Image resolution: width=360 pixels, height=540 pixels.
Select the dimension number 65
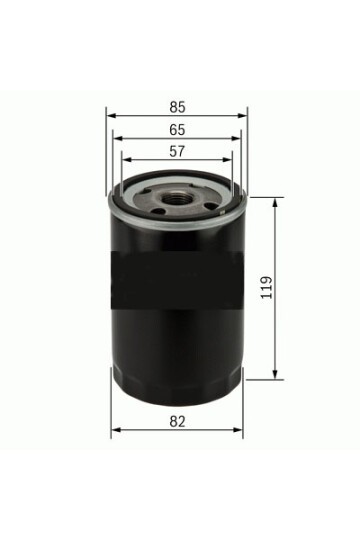click(x=176, y=129)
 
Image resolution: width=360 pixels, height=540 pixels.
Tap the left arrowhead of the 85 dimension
click(x=109, y=116)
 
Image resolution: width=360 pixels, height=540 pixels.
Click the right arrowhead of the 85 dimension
click(x=243, y=116)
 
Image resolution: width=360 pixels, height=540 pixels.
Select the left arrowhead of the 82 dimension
click(x=114, y=431)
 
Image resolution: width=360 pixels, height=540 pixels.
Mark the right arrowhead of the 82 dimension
click(x=240, y=431)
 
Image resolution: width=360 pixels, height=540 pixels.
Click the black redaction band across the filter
click(x=176, y=274)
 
